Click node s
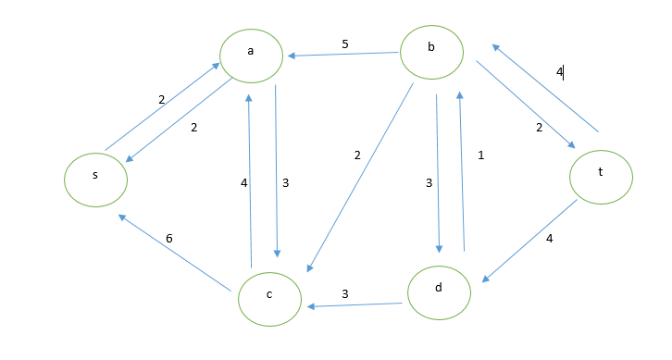[96, 178]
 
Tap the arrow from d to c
[355, 303]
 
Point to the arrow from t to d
[531, 242]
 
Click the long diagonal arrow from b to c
[360, 176]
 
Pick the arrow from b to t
[525, 106]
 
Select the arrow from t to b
[546, 88]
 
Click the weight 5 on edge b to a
[345, 43]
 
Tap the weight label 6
[169, 239]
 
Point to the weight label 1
[480, 155]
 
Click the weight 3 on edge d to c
[345, 293]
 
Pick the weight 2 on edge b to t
[538, 128]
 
